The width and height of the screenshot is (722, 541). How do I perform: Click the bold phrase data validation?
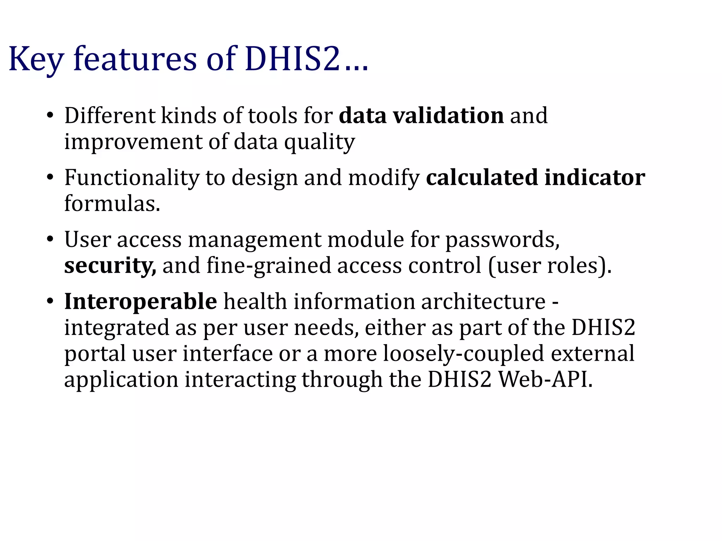click(421, 116)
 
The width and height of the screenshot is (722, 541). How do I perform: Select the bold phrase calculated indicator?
click(536, 177)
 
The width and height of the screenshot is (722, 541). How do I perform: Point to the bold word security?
click(110, 266)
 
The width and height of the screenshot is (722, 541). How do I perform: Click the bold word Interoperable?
click(140, 301)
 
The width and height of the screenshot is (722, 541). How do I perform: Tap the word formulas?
click(112, 203)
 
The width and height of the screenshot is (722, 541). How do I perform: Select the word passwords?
click(502, 240)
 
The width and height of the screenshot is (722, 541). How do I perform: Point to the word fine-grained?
click(269, 266)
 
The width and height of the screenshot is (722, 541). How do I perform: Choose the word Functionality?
click(132, 177)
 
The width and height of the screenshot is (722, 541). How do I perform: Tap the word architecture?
click(483, 301)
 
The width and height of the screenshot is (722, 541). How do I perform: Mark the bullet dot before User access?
click(50, 240)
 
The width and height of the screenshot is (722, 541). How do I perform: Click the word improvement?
click(133, 142)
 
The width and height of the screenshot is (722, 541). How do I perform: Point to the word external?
click(592, 353)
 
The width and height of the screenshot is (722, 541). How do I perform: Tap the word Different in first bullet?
click(110, 116)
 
